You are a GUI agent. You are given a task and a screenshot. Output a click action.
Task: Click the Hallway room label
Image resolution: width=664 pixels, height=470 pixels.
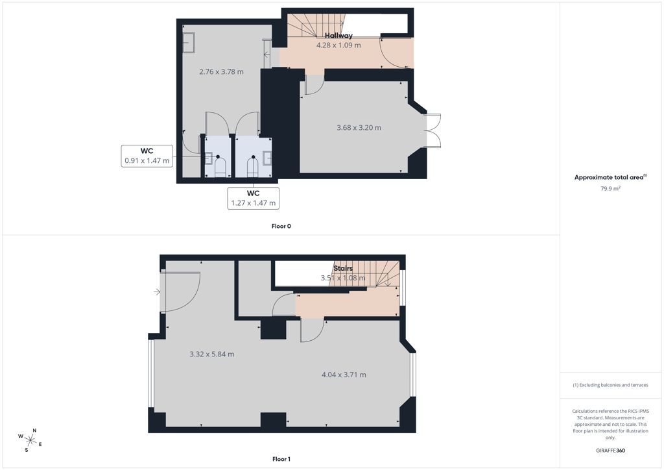(338, 36)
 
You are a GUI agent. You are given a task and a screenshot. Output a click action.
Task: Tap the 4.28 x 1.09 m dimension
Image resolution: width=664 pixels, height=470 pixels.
(338, 45)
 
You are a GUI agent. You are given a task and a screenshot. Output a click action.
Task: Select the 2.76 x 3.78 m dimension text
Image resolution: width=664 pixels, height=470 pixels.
(221, 71)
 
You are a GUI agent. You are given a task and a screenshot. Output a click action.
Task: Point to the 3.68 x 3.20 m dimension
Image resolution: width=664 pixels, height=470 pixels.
(359, 128)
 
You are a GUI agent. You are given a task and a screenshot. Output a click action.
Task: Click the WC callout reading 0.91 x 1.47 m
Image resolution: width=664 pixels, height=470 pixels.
(147, 156)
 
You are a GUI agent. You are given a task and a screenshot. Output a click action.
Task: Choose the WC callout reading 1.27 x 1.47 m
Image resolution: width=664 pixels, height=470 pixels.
(254, 198)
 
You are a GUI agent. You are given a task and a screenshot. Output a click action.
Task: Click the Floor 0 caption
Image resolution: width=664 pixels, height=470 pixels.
(281, 227)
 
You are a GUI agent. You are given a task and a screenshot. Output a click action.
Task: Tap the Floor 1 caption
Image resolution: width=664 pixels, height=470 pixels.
(281, 459)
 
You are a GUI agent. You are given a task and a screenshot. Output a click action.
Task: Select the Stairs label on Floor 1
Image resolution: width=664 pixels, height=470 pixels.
(342, 268)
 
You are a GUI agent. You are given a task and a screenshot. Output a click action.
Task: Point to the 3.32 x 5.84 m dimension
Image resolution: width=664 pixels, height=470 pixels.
(212, 354)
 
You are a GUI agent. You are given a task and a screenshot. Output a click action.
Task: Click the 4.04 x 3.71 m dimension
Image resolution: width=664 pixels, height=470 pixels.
(344, 375)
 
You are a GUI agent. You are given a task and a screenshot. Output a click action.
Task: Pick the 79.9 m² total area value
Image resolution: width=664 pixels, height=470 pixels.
(610, 189)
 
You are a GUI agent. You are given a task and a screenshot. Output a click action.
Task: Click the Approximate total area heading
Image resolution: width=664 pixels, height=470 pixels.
(610, 178)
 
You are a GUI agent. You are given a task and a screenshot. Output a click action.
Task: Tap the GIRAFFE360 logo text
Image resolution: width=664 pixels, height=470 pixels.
(610, 451)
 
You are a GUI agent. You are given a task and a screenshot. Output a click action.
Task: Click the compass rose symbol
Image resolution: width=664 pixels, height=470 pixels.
(30, 440)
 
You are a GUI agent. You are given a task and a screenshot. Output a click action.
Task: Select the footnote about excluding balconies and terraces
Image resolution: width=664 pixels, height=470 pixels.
(610, 385)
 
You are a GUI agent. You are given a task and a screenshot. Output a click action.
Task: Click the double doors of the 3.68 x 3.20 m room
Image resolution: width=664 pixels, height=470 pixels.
(433, 130)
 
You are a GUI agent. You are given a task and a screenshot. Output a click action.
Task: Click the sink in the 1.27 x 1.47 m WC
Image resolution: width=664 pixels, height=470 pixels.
(267, 158)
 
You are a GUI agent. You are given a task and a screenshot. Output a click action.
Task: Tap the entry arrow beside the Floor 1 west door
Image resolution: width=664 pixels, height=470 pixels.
(157, 291)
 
